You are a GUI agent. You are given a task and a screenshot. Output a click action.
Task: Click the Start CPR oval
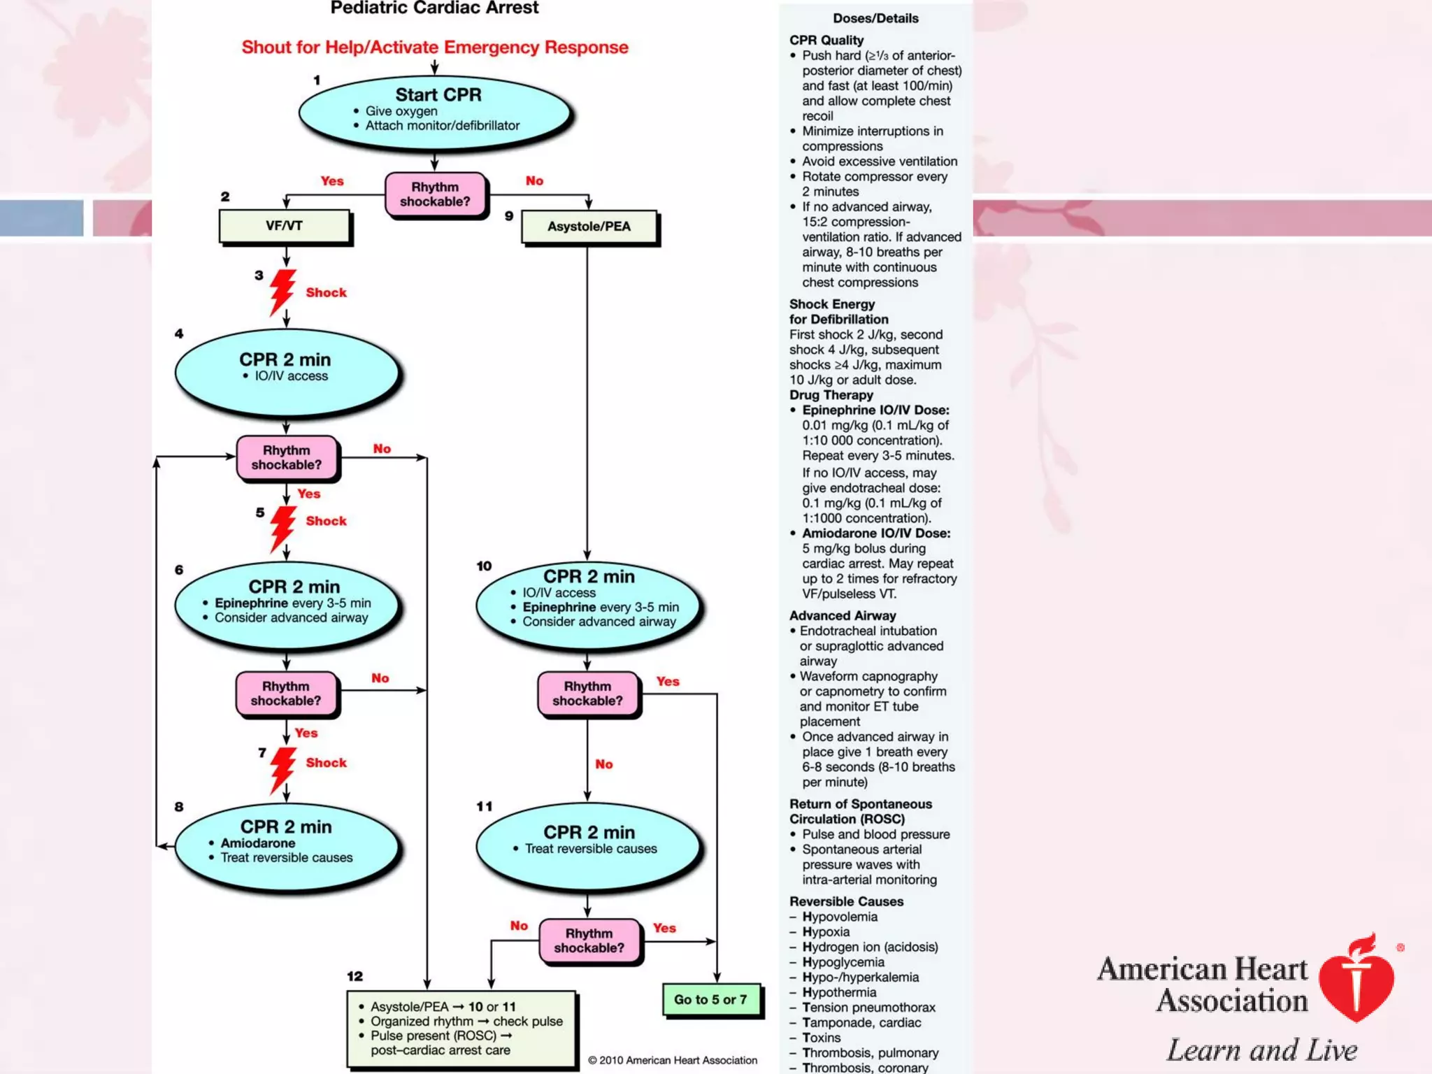pos(435,112)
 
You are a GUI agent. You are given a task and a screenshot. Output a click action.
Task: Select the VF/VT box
pos(285,226)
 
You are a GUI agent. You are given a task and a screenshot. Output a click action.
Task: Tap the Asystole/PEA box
pos(589,227)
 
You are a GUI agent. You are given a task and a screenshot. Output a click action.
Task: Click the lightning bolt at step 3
pos(282,292)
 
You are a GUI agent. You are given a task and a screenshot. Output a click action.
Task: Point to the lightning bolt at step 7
pos(282,769)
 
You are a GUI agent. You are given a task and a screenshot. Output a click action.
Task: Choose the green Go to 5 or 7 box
pos(710,1000)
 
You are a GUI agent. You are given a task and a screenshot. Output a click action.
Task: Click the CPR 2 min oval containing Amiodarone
pos(287,846)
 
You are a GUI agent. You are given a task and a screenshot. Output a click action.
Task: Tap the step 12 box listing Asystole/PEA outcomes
pos(461,1028)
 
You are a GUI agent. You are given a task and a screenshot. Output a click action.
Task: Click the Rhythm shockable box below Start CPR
pos(435,194)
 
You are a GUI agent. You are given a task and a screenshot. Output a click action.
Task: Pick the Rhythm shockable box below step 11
pos(589,940)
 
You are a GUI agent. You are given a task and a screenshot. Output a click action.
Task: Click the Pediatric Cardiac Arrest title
pos(434,8)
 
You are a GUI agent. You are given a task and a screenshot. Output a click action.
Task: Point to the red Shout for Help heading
pos(435,48)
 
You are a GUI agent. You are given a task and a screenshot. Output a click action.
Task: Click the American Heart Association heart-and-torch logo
pos(1356,979)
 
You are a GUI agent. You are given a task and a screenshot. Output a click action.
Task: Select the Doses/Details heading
pos(875,18)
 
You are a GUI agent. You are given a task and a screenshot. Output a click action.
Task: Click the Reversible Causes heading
pos(846,901)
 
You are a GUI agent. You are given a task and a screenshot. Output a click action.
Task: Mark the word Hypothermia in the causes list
pos(839,992)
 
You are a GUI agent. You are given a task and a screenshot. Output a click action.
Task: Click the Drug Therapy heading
pos(831,395)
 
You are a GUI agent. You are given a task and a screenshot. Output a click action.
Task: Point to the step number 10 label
pos(484,566)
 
